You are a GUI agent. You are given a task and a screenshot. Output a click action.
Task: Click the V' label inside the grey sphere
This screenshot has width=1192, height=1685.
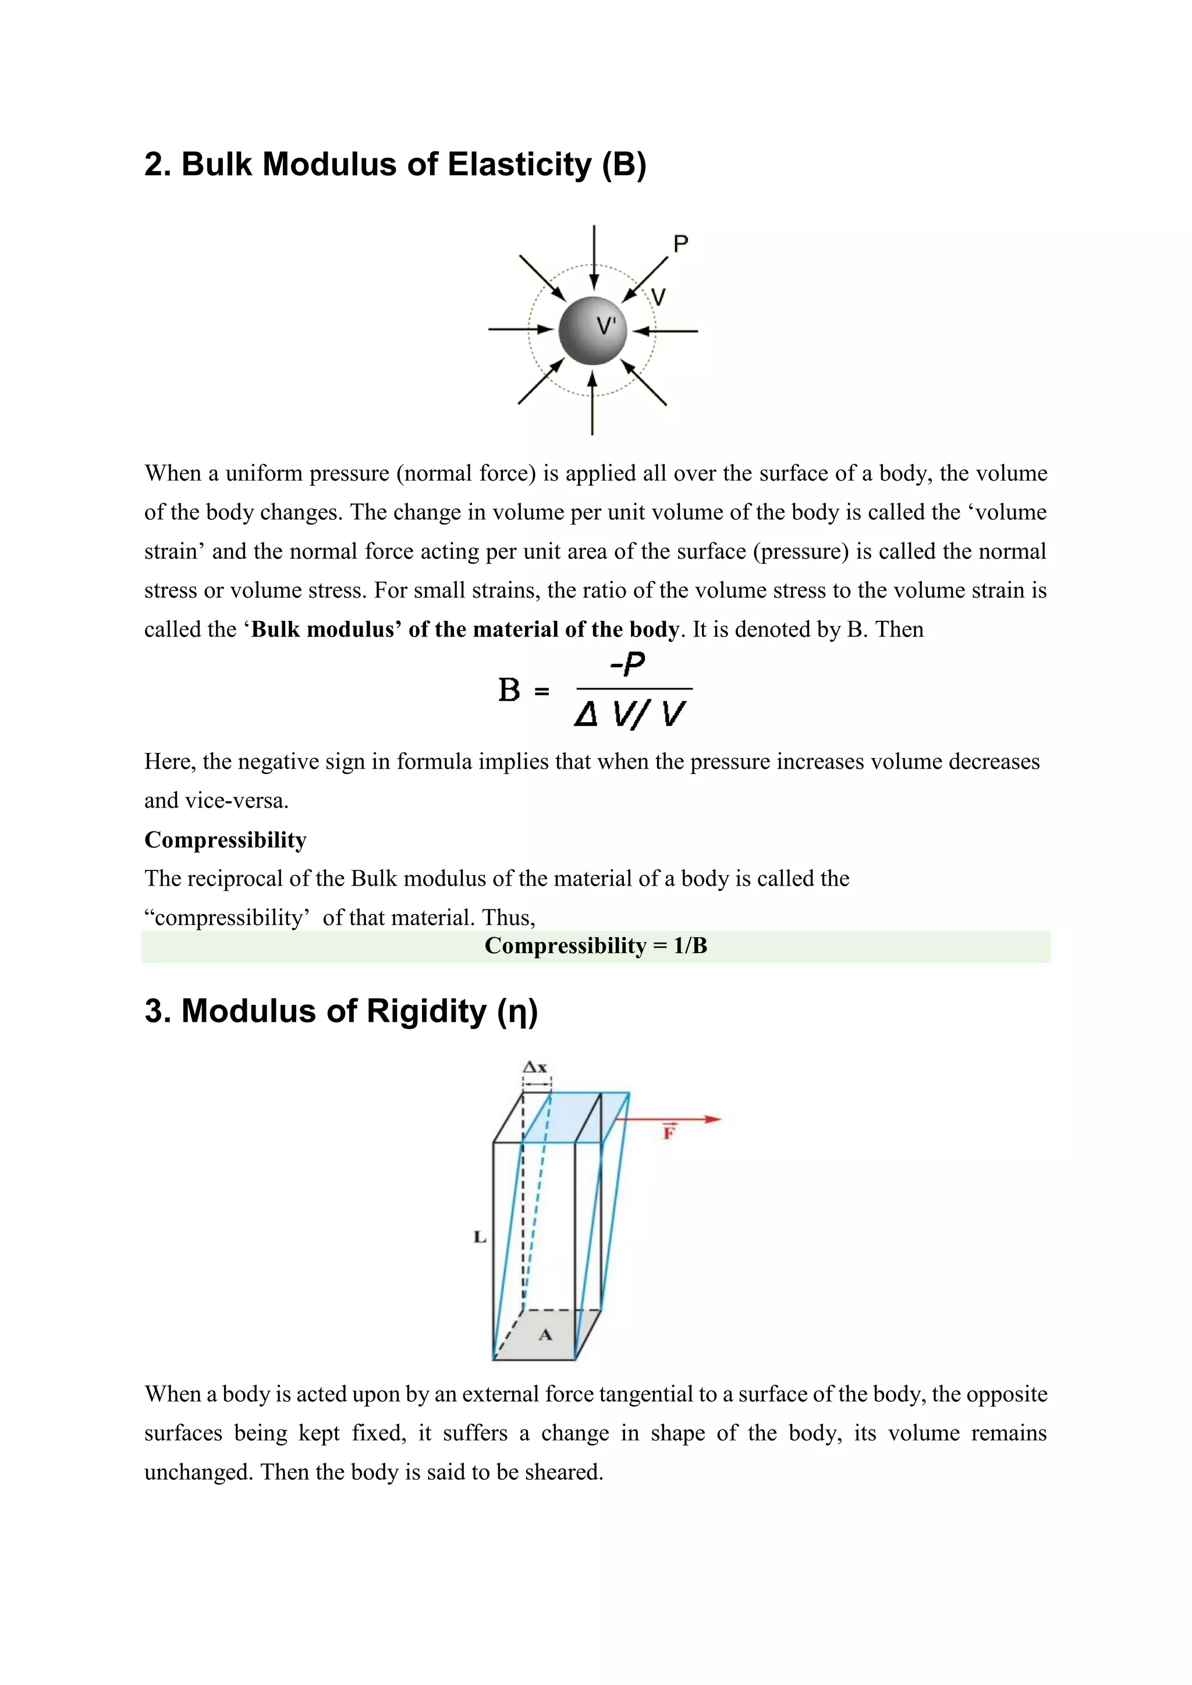point(605,325)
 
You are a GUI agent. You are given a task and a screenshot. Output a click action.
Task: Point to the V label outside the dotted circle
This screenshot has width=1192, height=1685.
point(658,297)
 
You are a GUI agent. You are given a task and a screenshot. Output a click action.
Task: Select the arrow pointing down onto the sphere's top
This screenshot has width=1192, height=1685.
point(594,257)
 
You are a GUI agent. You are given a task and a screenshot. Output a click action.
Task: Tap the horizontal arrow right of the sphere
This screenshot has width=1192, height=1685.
point(666,331)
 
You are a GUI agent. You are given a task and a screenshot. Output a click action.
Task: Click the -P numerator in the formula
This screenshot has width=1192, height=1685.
point(627,664)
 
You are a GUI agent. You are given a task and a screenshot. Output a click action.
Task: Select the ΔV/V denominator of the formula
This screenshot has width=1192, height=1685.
point(630,713)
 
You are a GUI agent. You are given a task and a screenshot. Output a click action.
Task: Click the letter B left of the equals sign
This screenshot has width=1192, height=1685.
point(509,691)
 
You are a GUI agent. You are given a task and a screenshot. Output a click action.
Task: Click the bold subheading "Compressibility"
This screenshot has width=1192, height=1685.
point(225,840)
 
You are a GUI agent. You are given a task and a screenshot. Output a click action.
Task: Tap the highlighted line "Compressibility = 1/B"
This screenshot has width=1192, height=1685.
point(595,945)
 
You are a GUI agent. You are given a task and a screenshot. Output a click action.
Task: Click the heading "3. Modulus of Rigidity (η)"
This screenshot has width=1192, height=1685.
point(341,1011)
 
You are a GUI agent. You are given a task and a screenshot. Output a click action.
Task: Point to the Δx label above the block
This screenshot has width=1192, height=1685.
point(535,1067)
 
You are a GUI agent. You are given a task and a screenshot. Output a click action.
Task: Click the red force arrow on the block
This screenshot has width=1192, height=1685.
point(668,1119)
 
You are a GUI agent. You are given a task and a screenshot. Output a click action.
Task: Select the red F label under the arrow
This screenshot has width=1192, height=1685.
point(669,1133)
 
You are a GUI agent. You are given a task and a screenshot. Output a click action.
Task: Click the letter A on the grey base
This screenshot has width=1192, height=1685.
point(545,1335)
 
